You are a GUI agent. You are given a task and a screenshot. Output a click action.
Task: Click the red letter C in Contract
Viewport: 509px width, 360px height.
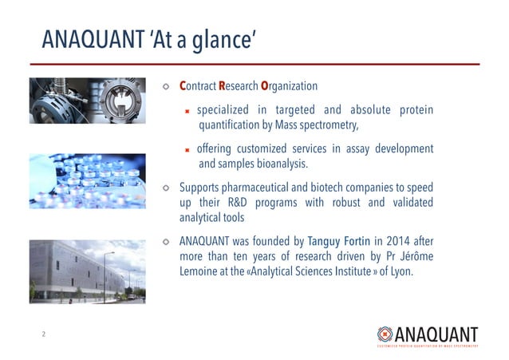coord(183,86)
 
